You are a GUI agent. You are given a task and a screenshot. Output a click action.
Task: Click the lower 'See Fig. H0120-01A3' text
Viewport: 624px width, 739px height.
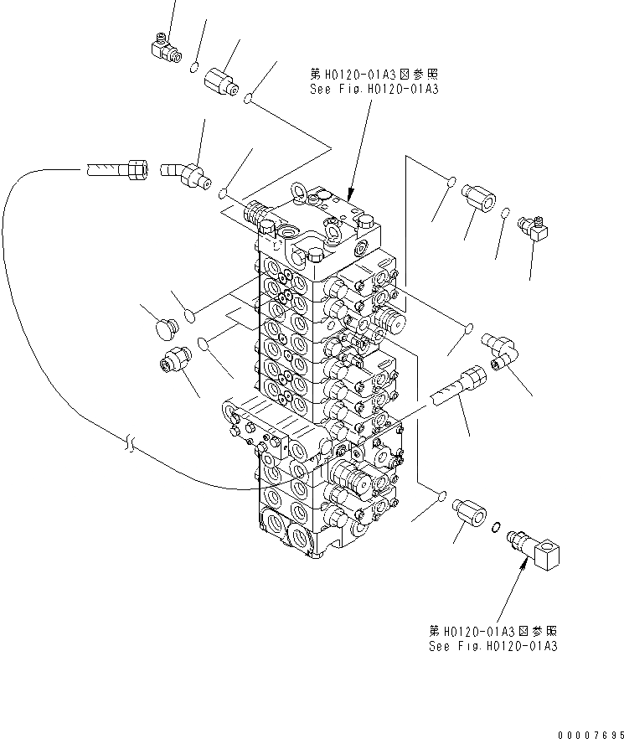pyautogui.click(x=492, y=646)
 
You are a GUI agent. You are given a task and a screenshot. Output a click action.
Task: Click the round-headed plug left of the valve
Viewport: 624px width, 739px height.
pyautogui.click(x=161, y=330)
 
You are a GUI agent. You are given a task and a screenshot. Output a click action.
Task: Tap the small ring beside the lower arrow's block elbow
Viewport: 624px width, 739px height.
pyautogui.click(x=497, y=526)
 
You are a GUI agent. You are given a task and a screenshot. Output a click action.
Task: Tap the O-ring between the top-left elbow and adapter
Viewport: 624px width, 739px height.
pyautogui.click(x=194, y=67)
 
